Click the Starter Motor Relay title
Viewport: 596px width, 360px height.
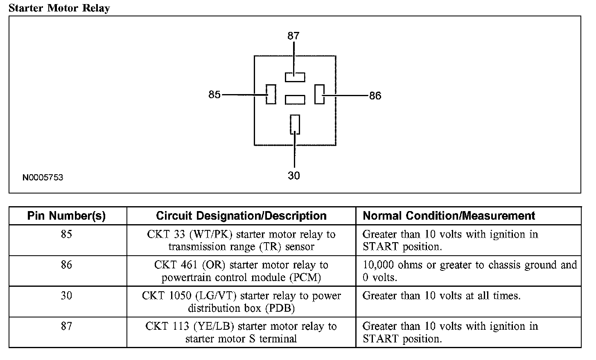click(x=59, y=8)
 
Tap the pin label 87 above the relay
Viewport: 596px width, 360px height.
click(x=293, y=36)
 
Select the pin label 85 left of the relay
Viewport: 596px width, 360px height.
click(x=214, y=95)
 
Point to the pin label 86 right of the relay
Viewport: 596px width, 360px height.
click(x=375, y=96)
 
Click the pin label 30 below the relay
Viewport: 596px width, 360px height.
click(x=294, y=175)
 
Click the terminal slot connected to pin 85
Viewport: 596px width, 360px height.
click(x=271, y=94)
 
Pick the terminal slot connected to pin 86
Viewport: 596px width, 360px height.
click(x=319, y=94)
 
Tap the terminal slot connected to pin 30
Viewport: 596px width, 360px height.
click(x=295, y=124)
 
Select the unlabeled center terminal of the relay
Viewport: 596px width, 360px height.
click(x=295, y=99)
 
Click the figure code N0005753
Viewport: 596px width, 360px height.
click(x=43, y=178)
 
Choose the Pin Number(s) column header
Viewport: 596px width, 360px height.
click(x=66, y=216)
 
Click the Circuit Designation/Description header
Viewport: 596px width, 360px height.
click(x=241, y=216)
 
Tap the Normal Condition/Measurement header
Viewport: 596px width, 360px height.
click(x=449, y=216)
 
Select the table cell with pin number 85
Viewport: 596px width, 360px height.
click(x=66, y=234)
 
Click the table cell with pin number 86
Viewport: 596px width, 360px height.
click(x=66, y=265)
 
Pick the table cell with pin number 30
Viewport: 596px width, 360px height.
click(x=66, y=295)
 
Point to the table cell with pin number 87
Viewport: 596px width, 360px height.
click(x=66, y=326)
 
